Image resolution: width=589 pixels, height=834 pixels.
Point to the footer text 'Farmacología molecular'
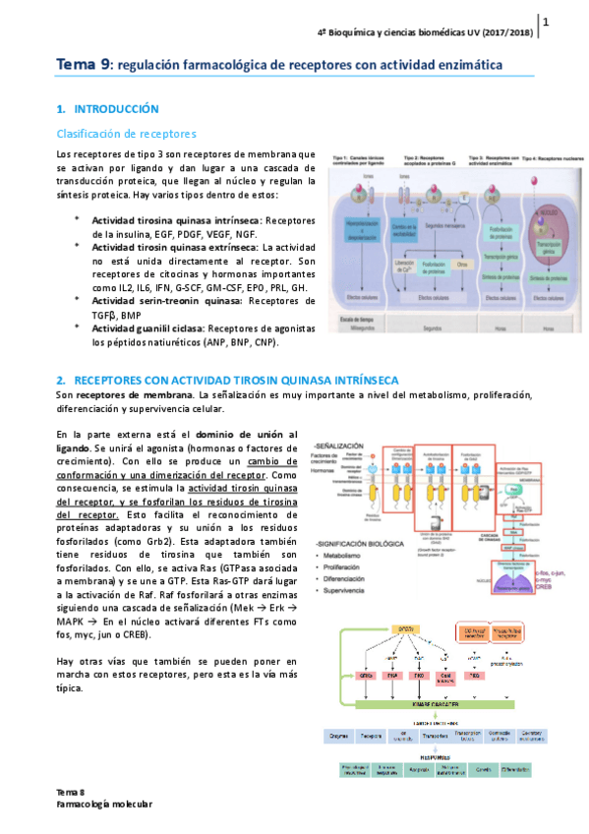click(103, 804)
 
